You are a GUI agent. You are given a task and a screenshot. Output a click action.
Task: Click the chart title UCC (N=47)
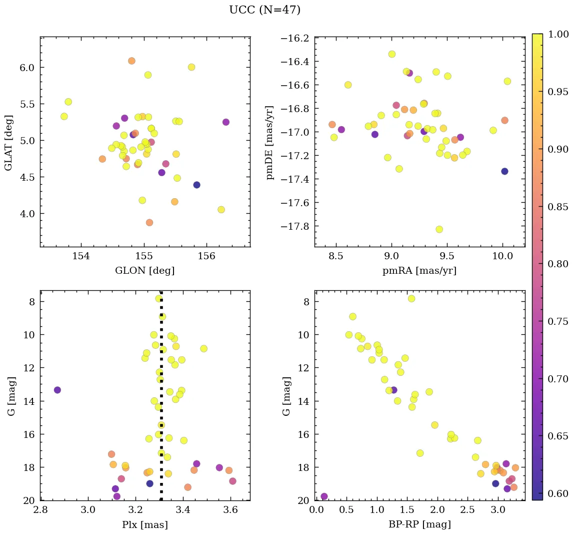[x=264, y=10]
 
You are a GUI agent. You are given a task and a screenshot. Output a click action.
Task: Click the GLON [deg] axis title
[x=144, y=271]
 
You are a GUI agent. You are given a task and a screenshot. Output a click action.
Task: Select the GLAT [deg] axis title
[x=8, y=143]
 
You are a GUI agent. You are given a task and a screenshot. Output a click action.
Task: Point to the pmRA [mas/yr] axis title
[x=419, y=271]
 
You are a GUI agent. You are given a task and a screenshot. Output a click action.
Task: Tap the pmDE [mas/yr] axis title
[x=270, y=143]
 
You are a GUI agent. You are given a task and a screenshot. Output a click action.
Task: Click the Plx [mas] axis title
[x=144, y=524]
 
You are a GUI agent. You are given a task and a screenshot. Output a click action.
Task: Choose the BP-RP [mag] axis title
[x=419, y=524]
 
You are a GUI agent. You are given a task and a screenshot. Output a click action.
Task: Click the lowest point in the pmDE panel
[x=439, y=229]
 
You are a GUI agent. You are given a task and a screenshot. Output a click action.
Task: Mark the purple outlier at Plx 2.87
[x=57, y=390]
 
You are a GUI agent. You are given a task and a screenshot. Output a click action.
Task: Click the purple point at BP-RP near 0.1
[x=324, y=496]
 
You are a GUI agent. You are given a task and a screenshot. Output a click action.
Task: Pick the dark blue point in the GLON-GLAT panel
[x=196, y=185]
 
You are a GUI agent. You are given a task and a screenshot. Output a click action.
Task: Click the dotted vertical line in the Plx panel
[x=161, y=350]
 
